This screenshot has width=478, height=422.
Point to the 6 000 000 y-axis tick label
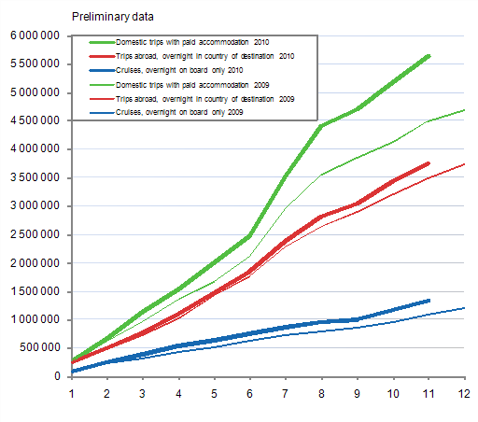coord(35,35)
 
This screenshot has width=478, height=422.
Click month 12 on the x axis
coord(464,393)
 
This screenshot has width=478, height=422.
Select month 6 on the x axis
coord(249,393)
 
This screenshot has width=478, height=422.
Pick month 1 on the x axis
coord(71,393)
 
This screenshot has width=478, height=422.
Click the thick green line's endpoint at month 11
coord(429,56)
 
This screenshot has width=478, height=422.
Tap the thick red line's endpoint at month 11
coord(429,163)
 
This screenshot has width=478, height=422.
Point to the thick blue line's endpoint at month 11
coord(429,301)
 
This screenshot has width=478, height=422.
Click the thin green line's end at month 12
coord(464,110)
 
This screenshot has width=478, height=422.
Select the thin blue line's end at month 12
coord(464,308)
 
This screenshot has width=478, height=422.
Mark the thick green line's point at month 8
coord(321,126)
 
